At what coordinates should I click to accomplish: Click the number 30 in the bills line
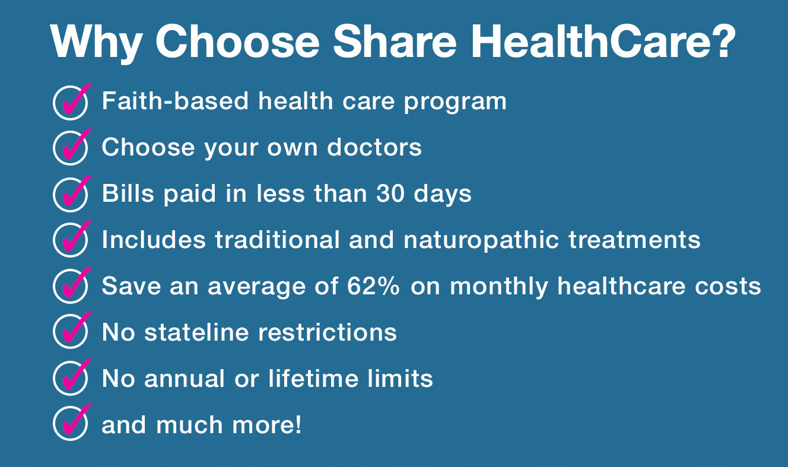pos(390,193)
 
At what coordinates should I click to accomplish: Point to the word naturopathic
pos(481,240)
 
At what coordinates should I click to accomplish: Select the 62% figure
pos(373,285)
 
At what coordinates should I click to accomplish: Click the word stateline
pos(196,332)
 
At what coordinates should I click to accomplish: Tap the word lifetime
pos(313,379)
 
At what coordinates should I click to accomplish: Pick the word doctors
pos(374,147)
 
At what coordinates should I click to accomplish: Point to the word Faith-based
pos(176,101)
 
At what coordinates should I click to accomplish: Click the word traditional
pos(278,240)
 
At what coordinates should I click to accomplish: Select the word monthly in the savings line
pos(499,287)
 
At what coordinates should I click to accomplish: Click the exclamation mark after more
pos(298,424)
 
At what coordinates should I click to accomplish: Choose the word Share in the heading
pos(395,41)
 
